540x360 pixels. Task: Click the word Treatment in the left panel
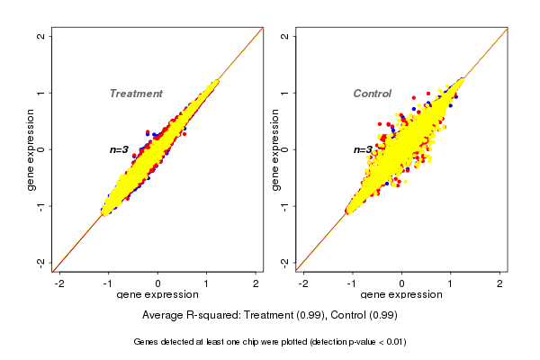pyautogui.click(x=136, y=94)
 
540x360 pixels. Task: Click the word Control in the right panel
pyautogui.click(x=372, y=94)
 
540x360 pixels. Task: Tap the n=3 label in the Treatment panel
pyautogui.click(x=120, y=149)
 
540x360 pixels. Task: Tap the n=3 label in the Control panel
pyautogui.click(x=363, y=149)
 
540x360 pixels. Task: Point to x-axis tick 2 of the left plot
pyautogui.click(x=256, y=283)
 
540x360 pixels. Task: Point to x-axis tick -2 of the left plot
pyautogui.click(x=59, y=283)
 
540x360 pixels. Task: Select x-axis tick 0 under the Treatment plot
pyautogui.click(x=158, y=283)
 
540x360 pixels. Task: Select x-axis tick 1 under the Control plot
pyautogui.click(x=451, y=283)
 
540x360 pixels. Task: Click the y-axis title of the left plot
pyautogui.click(x=31, y=149)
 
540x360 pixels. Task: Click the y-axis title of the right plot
pyautogui.click(x=274, y=149)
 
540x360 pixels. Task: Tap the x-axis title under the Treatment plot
pyautogui.click(x=158, y=295)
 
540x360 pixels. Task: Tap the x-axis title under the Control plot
pyautogui.click(x=401, y=295)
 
